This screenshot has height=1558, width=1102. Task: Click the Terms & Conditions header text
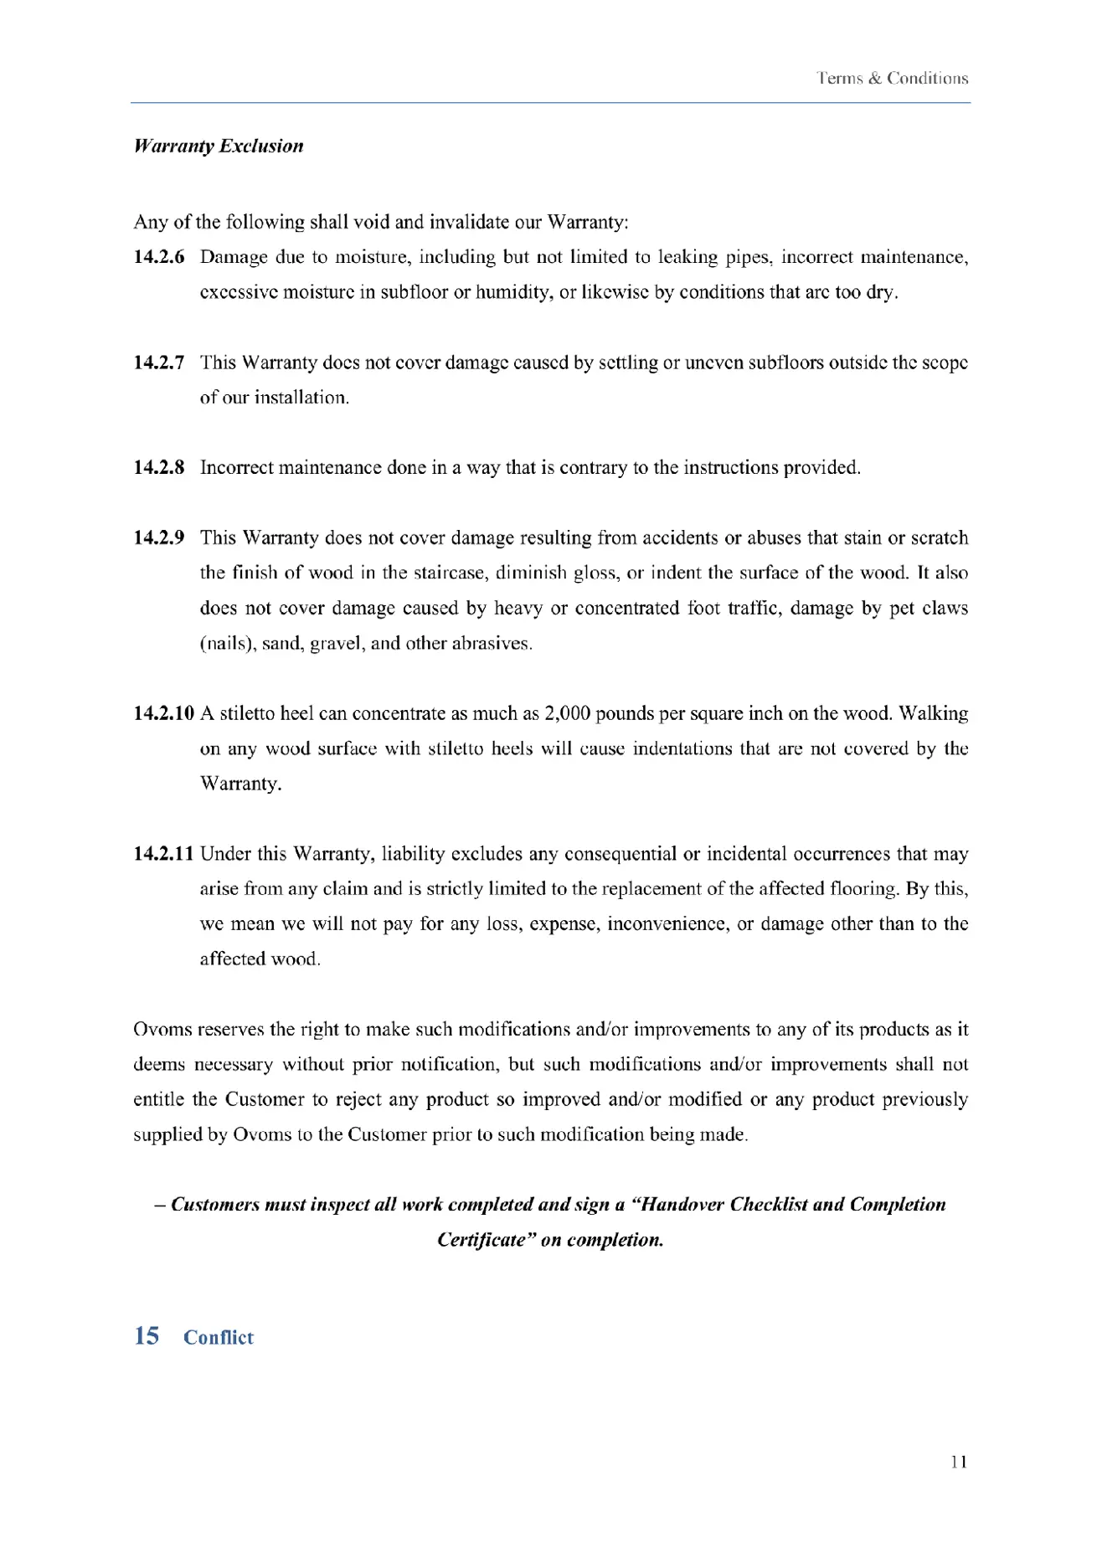pyautogui.click(x=893, y=79)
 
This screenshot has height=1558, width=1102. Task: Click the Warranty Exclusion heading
pyautogui.click(x=219, y=147)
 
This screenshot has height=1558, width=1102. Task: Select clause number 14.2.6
pyautogui.click(x=159, y=257)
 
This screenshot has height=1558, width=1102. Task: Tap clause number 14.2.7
pyautogui.click(x=159, y=363)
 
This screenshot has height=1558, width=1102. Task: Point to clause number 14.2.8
pyautogui.click(x=159, y=467)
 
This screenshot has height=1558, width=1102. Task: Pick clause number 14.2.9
pyautogui.click(x=159, y=537)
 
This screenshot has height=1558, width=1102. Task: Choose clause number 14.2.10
pyautogui.click(x=164, y=713)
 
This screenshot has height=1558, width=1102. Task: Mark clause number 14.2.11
pyautogui.click(x=164, y=854)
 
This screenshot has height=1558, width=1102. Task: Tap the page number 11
pyautogui.click(x=960, y=1463)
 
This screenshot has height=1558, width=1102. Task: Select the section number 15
pyautogui.click(x=147, y=1336)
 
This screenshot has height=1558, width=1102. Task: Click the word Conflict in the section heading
pyautogui.click(x=219, y=1338)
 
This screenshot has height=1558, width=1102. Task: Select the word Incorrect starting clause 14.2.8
pyautogui.click(x=236, y=467)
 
